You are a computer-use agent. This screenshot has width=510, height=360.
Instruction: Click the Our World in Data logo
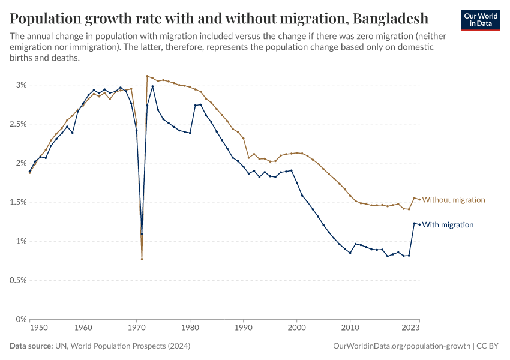(481, 20)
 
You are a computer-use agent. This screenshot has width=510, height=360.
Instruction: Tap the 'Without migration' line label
(454, 200)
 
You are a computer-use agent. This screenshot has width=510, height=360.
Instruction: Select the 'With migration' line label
(448, 225)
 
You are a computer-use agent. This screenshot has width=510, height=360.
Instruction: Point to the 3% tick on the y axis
(21, 85)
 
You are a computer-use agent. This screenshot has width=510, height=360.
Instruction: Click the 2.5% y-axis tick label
(17, 124)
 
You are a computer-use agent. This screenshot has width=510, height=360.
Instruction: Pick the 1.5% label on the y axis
(17, 202)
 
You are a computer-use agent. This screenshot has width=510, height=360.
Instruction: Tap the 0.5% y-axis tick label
(17, 280)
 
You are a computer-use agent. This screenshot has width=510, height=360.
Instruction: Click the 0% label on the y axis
(22, 319)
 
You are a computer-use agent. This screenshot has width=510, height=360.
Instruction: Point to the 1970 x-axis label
(137, 329)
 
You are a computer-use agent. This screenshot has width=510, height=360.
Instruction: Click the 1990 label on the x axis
(244, 329)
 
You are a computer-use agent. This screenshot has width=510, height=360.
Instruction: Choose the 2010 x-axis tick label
(350, 329)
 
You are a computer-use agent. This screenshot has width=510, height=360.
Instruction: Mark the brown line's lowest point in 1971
(142, 259)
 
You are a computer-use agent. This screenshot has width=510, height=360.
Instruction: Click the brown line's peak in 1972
(147, 76)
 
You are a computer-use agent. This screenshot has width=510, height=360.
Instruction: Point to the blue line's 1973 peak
(152, 86)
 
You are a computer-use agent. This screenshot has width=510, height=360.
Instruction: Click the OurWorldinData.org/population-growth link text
(401, 346)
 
